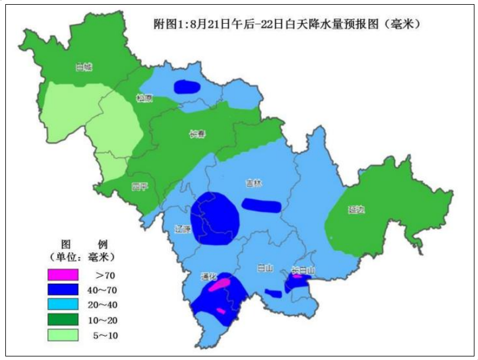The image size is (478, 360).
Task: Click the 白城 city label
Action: (x=84, y=67)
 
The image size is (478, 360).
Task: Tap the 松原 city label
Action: (x=144, y=98)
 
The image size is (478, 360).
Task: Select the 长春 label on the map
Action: (x=197, y=134)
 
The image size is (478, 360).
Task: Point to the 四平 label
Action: (x=139, y=187)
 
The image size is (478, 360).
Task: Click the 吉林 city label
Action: (x=254, y=184)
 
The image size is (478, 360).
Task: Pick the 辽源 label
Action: (x=183, y=229)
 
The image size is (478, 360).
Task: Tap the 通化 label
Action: (x=208, y=277)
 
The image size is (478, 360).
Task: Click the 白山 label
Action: (x=264, y=268)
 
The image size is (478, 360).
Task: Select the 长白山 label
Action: (x=303, y=270)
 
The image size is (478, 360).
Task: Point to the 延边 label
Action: (x=356, y=210)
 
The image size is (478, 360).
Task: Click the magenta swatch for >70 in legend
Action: (x=63, y=275)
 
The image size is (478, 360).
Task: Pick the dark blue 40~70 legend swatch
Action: (x=63, y=290)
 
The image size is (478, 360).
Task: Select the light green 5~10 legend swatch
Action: (x=63, y=335)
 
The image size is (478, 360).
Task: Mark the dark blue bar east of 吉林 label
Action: (x=261, y=205)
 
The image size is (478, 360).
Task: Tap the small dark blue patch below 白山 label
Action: (x=273, y=293)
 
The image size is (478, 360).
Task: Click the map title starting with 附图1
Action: (x=287, y=25)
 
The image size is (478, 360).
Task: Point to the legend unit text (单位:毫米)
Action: (x=82, y=257)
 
